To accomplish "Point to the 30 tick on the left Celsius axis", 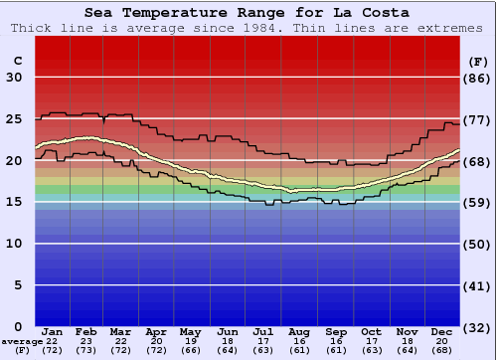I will (15, 78).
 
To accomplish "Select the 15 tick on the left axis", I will (15, 202).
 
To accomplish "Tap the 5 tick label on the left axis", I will (19, 285).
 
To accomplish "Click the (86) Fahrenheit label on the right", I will (477, 78).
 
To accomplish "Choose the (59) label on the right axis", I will (477, 202).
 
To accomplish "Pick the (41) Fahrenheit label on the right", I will (477, 285).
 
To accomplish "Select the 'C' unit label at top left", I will (17, 61).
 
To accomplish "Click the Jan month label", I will (53, 332).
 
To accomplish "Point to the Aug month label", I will (298, 332).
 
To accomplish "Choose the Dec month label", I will (440, 332).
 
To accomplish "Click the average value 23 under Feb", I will (86, 341).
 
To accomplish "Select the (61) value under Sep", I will (335, 351).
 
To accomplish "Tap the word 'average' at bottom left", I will (21, 341).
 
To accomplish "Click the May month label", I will (191, 332).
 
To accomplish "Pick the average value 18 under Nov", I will (406, 341).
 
